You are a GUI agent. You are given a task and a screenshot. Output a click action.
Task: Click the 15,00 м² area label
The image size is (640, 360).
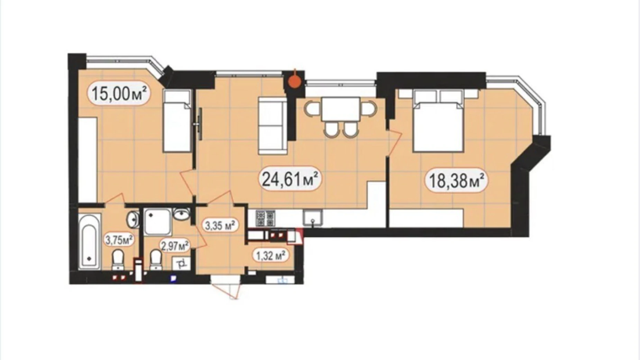tap(119, 93)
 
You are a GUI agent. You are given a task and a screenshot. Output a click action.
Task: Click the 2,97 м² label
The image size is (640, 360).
tap(175, 246)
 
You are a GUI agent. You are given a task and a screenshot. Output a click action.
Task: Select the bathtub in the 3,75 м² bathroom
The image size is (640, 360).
tap(89, 241)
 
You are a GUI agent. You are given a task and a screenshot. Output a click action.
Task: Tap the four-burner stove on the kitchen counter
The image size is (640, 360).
tap(265, 218)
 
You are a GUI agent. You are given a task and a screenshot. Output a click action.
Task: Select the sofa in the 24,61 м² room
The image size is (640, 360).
tap(273, 126)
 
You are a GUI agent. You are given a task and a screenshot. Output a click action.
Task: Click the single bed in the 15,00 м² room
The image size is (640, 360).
tap(177, 121)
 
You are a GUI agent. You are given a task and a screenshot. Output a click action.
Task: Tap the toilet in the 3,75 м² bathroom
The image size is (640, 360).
tap(118, 259)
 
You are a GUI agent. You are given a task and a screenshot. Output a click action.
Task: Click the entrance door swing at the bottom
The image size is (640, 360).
tap(226, 290)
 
